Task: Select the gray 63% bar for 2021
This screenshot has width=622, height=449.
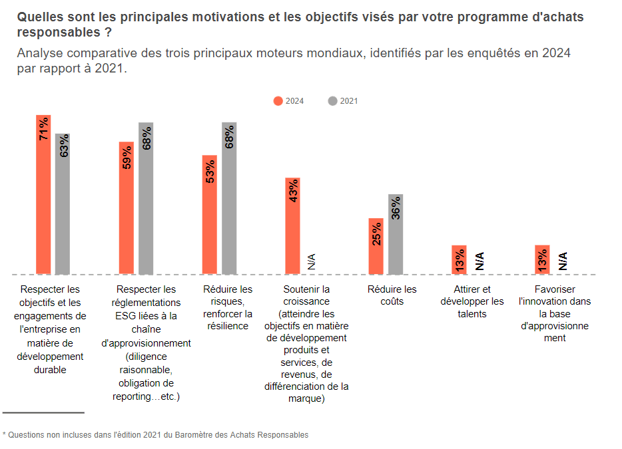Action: [63, 204]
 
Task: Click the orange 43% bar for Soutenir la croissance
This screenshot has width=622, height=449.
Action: [293, 225]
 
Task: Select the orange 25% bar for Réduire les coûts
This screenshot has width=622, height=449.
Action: [376, 246]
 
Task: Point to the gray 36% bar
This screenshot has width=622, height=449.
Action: [396, 234]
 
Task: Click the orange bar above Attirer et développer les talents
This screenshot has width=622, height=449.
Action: [459, 259]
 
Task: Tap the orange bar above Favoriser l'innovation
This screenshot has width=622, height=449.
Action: [542, 259]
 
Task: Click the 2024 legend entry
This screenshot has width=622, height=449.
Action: [289, 101]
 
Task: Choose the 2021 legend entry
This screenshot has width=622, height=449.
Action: [343, 101]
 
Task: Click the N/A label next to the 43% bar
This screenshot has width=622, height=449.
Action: [312, 261]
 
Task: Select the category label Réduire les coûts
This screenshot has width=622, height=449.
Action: [392, 295]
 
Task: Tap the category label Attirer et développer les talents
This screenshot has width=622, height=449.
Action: [472, 301]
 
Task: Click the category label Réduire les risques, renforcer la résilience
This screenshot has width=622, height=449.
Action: [228, 307]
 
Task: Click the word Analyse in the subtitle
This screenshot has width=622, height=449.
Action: [40, 53]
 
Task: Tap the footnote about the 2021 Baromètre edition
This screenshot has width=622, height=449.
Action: [156, 435]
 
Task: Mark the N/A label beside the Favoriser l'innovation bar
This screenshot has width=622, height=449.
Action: [562, 261]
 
